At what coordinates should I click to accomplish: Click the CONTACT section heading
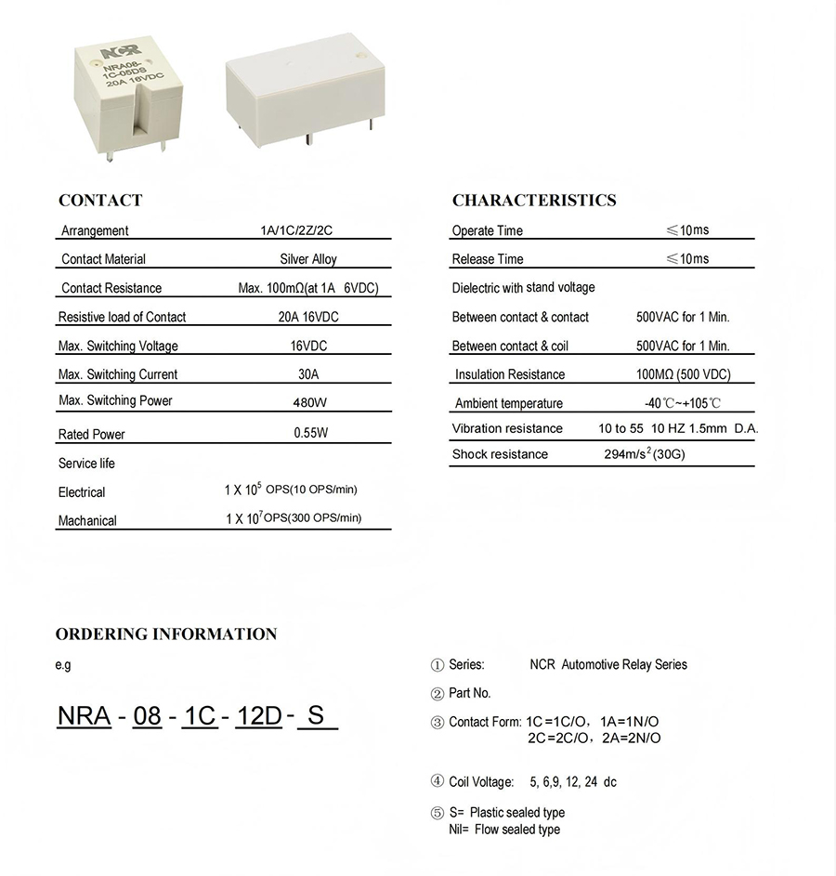(x=100, y=201)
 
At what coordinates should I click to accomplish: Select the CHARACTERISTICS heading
(x=534, y=201)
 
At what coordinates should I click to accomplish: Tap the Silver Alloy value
(x=308, y=259)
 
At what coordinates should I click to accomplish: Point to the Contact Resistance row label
(x=111, y=288)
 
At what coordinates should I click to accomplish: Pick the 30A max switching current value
(x=309, y=374)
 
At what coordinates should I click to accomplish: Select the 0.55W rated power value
(x=310, y=433)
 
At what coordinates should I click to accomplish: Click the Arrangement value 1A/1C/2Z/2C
(x=308, y=230)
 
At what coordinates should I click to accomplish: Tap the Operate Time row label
(x=488, y=230)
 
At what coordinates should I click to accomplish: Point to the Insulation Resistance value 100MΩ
(x=683, y=374)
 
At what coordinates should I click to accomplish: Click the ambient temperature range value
(x=683, y=403)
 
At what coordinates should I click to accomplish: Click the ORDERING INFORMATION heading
(x=166, y=634)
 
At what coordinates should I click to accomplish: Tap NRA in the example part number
(x=84, y=716)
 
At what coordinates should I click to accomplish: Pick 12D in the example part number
(x=258, y=716)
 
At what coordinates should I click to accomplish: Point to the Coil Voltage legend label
(x=481, y=782)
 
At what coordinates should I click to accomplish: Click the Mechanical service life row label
(x=87, y=521)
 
